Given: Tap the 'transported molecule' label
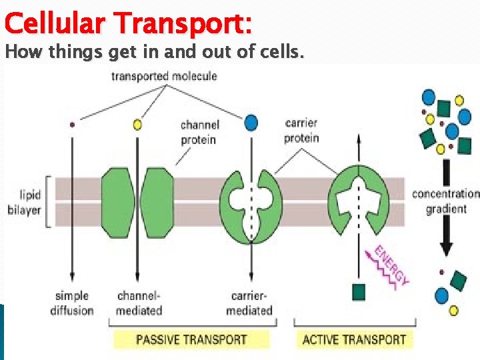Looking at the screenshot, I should pos(164,76).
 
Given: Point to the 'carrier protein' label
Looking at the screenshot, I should pos(301,131).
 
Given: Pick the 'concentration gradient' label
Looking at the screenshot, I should pos(445,201).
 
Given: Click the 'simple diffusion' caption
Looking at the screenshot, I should pos(72,303).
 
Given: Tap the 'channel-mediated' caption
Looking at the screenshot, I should pos(139,303).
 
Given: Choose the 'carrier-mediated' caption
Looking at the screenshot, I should pos(249,303).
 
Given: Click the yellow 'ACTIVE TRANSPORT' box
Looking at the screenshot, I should pos(354,339).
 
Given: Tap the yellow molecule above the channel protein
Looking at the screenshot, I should pos(137,124).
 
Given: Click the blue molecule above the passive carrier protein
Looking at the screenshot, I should pos(251,123).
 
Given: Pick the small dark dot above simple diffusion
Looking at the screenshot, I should pos(72,124).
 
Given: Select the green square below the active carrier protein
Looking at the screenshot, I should pos(359,292).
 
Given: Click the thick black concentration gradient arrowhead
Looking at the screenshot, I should pos(446,248).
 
